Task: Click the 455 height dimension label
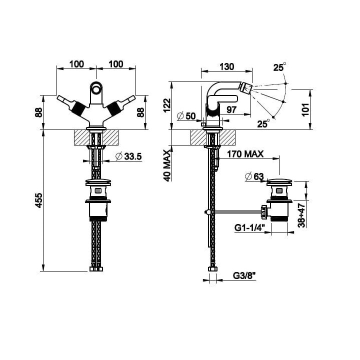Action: (39, 200)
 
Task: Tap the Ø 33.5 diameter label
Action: (129, 156)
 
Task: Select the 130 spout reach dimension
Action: (227, 66)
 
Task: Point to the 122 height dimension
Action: (167, 105)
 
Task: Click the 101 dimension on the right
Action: (305, 109)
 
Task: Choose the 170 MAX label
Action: (245, 154)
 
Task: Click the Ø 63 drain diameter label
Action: (254, 176)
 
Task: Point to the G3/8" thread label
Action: (244, 275)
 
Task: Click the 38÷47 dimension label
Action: (301, 215)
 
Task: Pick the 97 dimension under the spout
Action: (231, 109)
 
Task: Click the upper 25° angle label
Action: (279, 67)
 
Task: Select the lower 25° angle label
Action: (263, 123)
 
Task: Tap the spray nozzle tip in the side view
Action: (245, 87)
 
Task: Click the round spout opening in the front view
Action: (95, 87)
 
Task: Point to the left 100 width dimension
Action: (76, 64)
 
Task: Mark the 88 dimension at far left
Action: (39, 112)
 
